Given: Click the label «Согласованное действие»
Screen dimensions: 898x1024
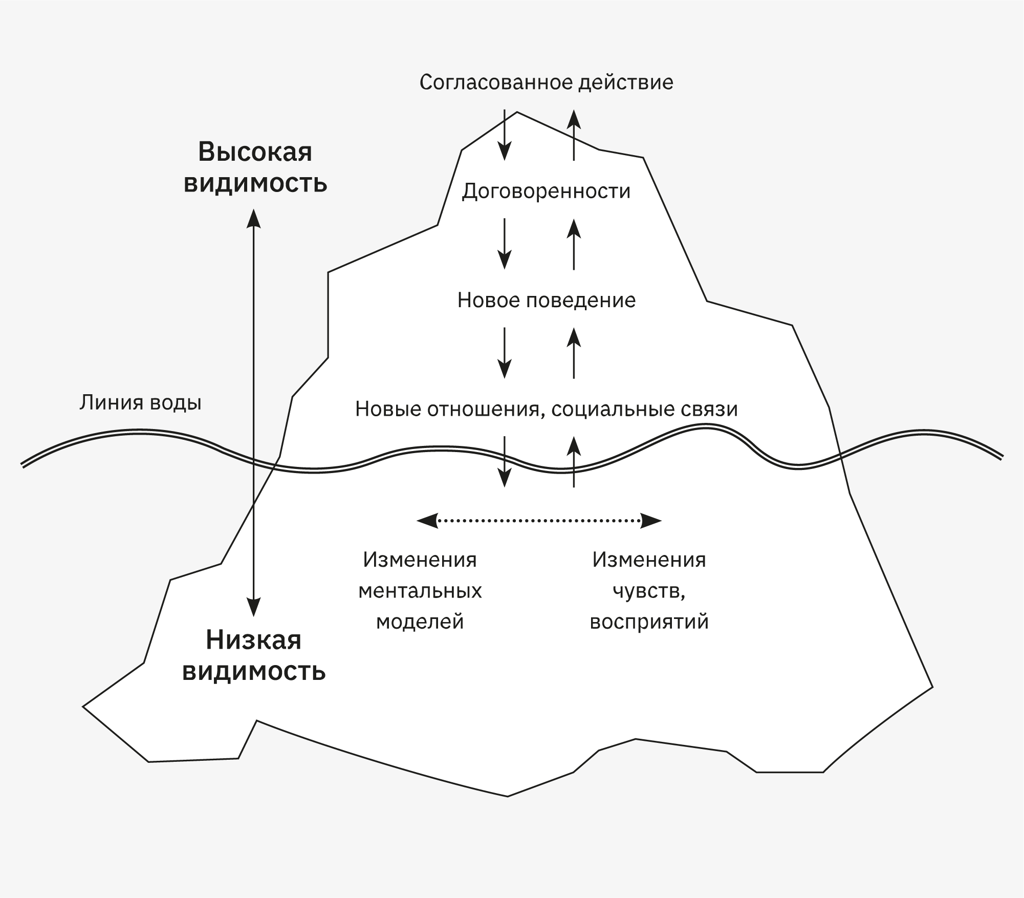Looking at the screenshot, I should [x=546, y=82].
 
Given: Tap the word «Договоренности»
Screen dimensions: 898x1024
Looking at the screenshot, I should [x=546, y=191].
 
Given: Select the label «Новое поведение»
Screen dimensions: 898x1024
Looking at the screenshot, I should [x=546, y=301].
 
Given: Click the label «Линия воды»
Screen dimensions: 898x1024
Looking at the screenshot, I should [x=140, y=403].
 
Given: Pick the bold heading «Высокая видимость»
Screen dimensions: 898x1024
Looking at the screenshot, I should [x=255, y=167].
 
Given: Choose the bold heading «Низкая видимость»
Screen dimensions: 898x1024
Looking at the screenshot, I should [x=254, y=655].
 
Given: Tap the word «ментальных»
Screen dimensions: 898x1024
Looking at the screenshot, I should [x=420, y=591].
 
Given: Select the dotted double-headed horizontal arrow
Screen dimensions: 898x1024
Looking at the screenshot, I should [x=539, y=521].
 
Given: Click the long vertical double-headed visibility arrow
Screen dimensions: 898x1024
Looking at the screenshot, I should [x=254, y=410].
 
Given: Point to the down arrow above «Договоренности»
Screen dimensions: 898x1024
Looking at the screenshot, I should [x=505, y=135].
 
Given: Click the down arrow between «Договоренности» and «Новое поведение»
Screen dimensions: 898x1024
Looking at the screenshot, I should [x=505, y=244].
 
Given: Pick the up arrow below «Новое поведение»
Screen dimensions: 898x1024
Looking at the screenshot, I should [x=574, y=353].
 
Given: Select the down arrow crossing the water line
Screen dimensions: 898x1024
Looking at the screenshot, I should [x=505, y=461].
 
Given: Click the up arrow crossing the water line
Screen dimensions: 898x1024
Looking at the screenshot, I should [x=574, y=461].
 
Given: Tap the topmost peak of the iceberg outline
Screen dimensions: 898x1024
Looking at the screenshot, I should [x=517, y=112].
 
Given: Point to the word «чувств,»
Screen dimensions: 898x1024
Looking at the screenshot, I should [x=649, y=591].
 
